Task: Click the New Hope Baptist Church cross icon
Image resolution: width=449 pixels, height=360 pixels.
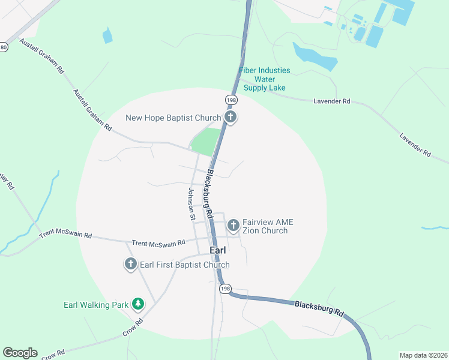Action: point(231,117)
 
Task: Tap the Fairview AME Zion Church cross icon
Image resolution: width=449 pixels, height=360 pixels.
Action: point(233,226)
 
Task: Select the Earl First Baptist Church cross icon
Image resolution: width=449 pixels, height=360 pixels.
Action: point(131,264)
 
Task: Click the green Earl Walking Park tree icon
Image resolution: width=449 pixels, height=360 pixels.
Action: point(138,304)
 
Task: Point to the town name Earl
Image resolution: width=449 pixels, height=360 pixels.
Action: point(217,250)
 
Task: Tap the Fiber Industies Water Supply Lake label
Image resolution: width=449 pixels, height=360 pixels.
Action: point(264,79)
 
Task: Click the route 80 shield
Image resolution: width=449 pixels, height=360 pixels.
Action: point(4,47)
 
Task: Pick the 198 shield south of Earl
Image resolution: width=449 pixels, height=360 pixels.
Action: point(225,289)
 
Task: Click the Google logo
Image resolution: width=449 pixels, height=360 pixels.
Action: point(20,353)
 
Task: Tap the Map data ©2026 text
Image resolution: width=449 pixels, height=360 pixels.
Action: point(423,355)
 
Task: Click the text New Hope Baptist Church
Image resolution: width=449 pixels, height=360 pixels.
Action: point(173,118)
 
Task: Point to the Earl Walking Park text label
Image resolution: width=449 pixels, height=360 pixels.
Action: point(96,305)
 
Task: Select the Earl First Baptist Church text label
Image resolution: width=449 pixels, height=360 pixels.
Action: point(185,265)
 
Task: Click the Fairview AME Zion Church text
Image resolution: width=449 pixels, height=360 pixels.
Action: point(268,226)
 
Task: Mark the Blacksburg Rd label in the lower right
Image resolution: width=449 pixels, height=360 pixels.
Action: point(319,308)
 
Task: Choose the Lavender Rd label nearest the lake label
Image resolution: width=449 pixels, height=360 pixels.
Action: point(331,102)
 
